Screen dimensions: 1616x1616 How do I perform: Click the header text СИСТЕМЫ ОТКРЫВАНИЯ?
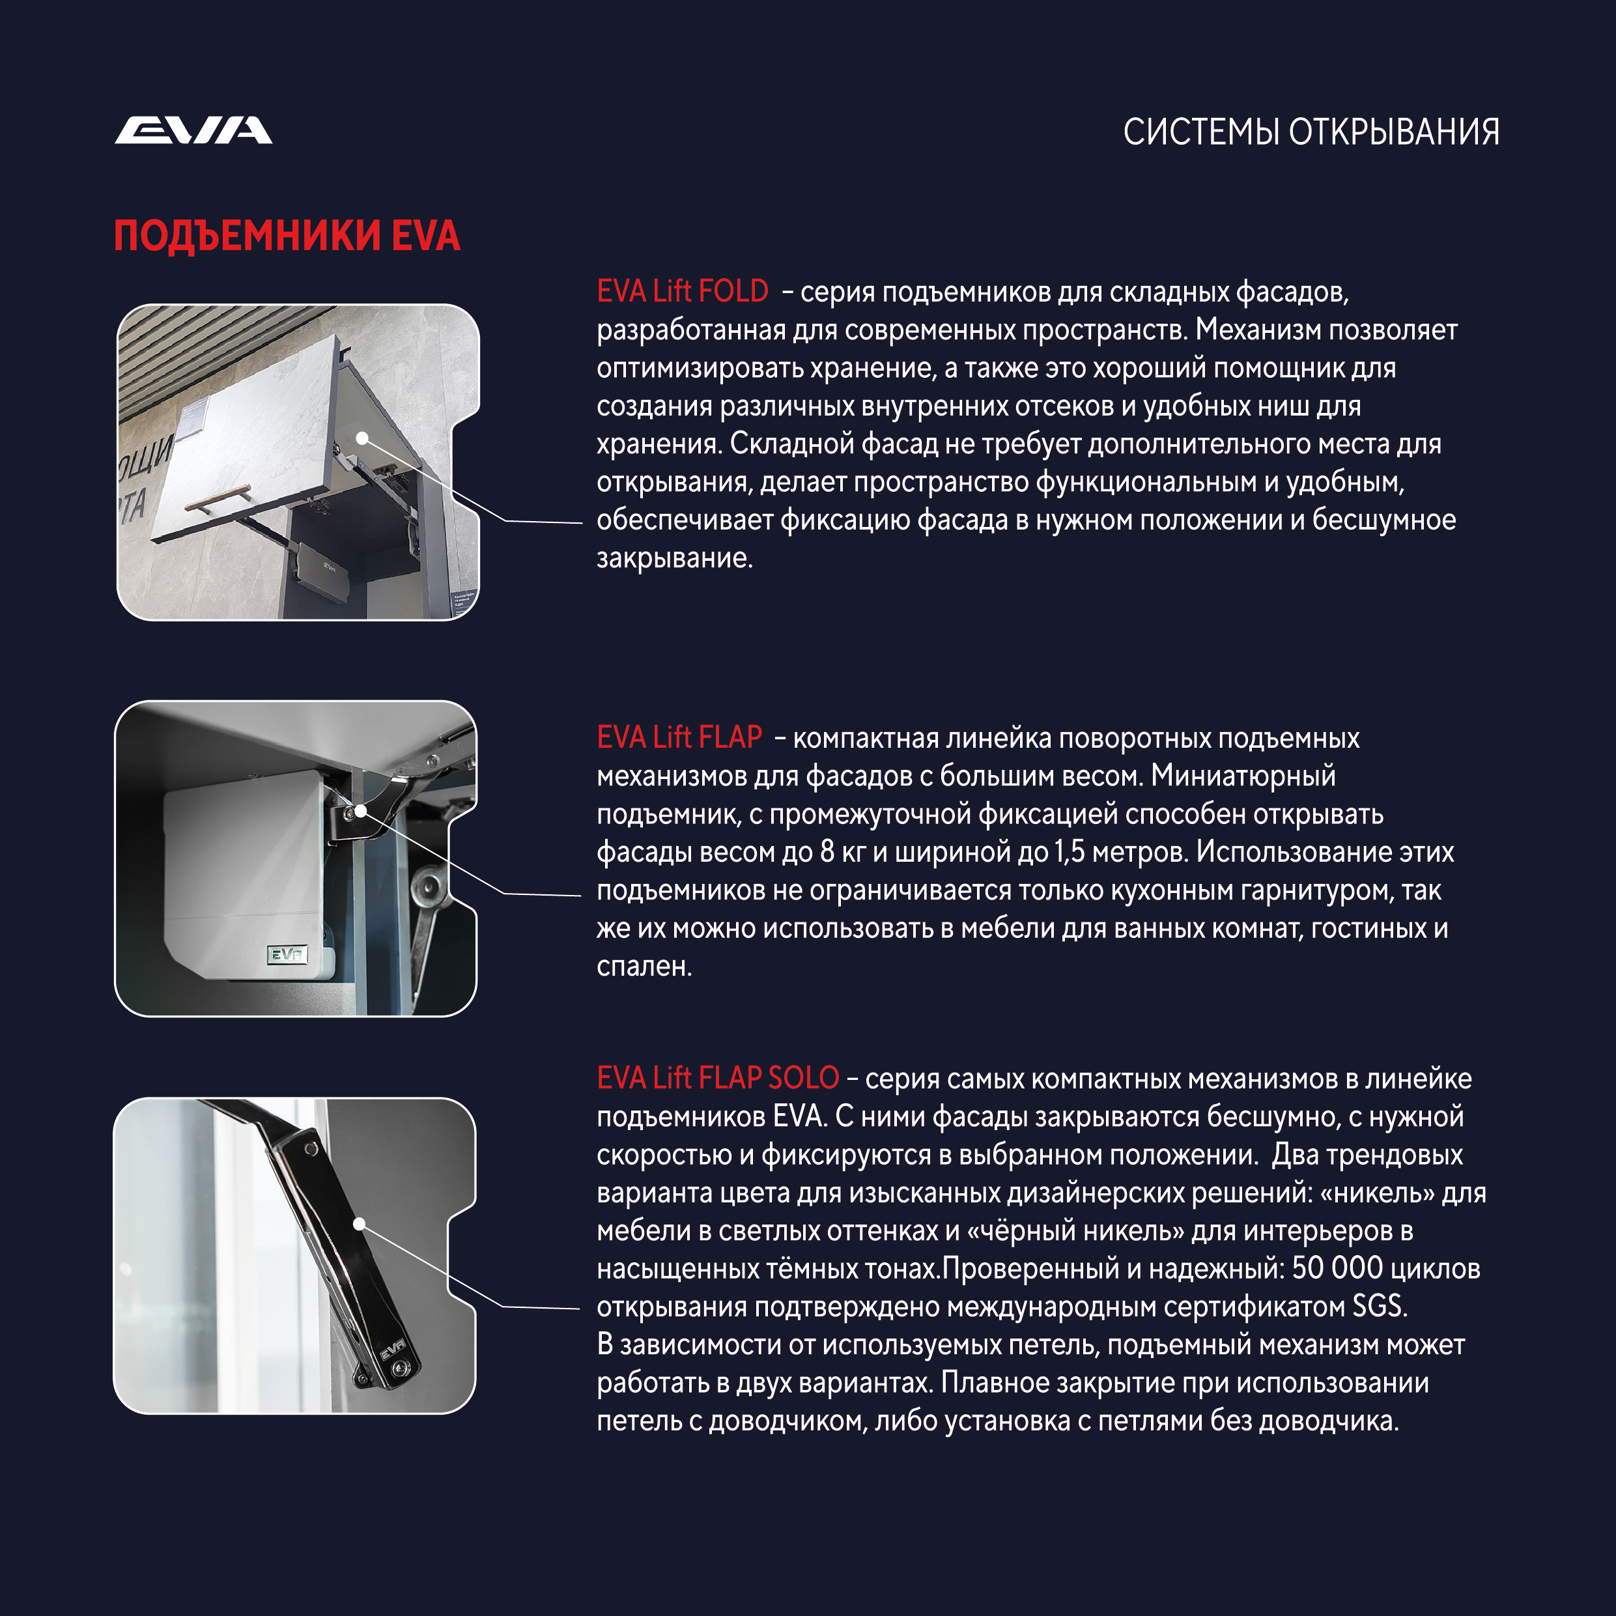(x=1310, y=132)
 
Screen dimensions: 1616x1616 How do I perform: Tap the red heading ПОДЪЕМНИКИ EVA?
(x=287, y=236)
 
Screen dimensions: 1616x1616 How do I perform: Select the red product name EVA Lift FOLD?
(x=682, y=291)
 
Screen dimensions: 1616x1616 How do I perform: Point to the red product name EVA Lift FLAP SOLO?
(x=717, y=1078)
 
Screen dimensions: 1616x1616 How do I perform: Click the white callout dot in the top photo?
(x=362, y=438)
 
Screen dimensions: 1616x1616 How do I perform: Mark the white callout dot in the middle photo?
(x=360, y=810)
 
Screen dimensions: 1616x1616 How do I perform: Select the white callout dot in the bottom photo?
(x=360, y=1224)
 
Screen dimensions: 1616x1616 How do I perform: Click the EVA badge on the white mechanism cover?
(x=287, y=954)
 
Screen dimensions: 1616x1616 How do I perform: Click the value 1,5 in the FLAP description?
(x=1069, y=851)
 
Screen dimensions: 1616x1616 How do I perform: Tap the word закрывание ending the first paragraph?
(x=674, y=558)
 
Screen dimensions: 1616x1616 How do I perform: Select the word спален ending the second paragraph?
(x=644, y=966)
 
